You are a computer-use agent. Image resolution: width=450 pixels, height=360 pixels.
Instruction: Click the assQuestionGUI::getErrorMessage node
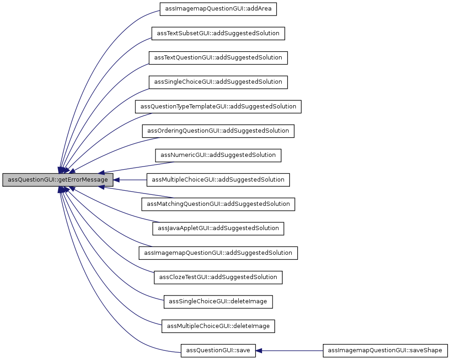tap(58, 180)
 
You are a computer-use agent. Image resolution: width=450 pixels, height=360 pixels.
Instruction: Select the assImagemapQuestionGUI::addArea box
tap(219, 9)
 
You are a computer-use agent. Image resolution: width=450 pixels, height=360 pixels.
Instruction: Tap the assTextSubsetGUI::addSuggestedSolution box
tap(219, 33)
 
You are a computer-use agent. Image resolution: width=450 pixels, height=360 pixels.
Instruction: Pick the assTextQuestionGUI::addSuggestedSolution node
tap(218, 58)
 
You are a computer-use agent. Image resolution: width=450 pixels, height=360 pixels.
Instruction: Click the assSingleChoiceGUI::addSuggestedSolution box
tap(218, 82)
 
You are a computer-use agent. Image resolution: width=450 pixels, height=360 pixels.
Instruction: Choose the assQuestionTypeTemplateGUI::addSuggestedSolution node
tap(218, 107)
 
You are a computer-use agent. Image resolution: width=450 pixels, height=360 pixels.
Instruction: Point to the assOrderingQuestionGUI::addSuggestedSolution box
tap(218, 131)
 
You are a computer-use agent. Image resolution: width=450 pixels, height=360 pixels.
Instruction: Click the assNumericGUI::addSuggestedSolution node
tap(218, 155)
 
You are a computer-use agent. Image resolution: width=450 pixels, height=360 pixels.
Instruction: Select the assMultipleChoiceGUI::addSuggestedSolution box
tap(218, 180)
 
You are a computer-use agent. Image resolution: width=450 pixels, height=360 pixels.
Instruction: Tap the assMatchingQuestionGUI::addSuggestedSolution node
tap(218, 204)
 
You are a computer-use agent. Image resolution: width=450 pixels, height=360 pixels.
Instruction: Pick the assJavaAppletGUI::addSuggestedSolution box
tap(218, 228)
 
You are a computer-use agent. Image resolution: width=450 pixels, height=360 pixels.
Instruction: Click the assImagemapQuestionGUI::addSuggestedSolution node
tap(218, 253)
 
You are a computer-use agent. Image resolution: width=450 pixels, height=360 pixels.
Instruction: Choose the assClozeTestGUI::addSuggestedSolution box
tap(218, 277)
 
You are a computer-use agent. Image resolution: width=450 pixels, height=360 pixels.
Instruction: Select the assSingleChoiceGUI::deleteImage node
tap(218, 301)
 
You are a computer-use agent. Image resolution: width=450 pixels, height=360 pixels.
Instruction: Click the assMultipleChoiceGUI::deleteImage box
tap(218, 326)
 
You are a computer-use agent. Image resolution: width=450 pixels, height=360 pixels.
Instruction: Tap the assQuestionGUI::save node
tap(218, 350)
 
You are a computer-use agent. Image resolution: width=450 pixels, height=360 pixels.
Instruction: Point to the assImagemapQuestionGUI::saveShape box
tap(385, 350)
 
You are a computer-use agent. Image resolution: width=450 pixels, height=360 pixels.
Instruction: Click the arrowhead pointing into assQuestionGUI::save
tap(259, 350)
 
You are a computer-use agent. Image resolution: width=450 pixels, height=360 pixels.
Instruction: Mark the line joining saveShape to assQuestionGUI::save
tap(293, 350)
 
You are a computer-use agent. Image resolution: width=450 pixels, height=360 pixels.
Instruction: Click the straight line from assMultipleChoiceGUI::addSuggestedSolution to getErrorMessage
tap(133, 180)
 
